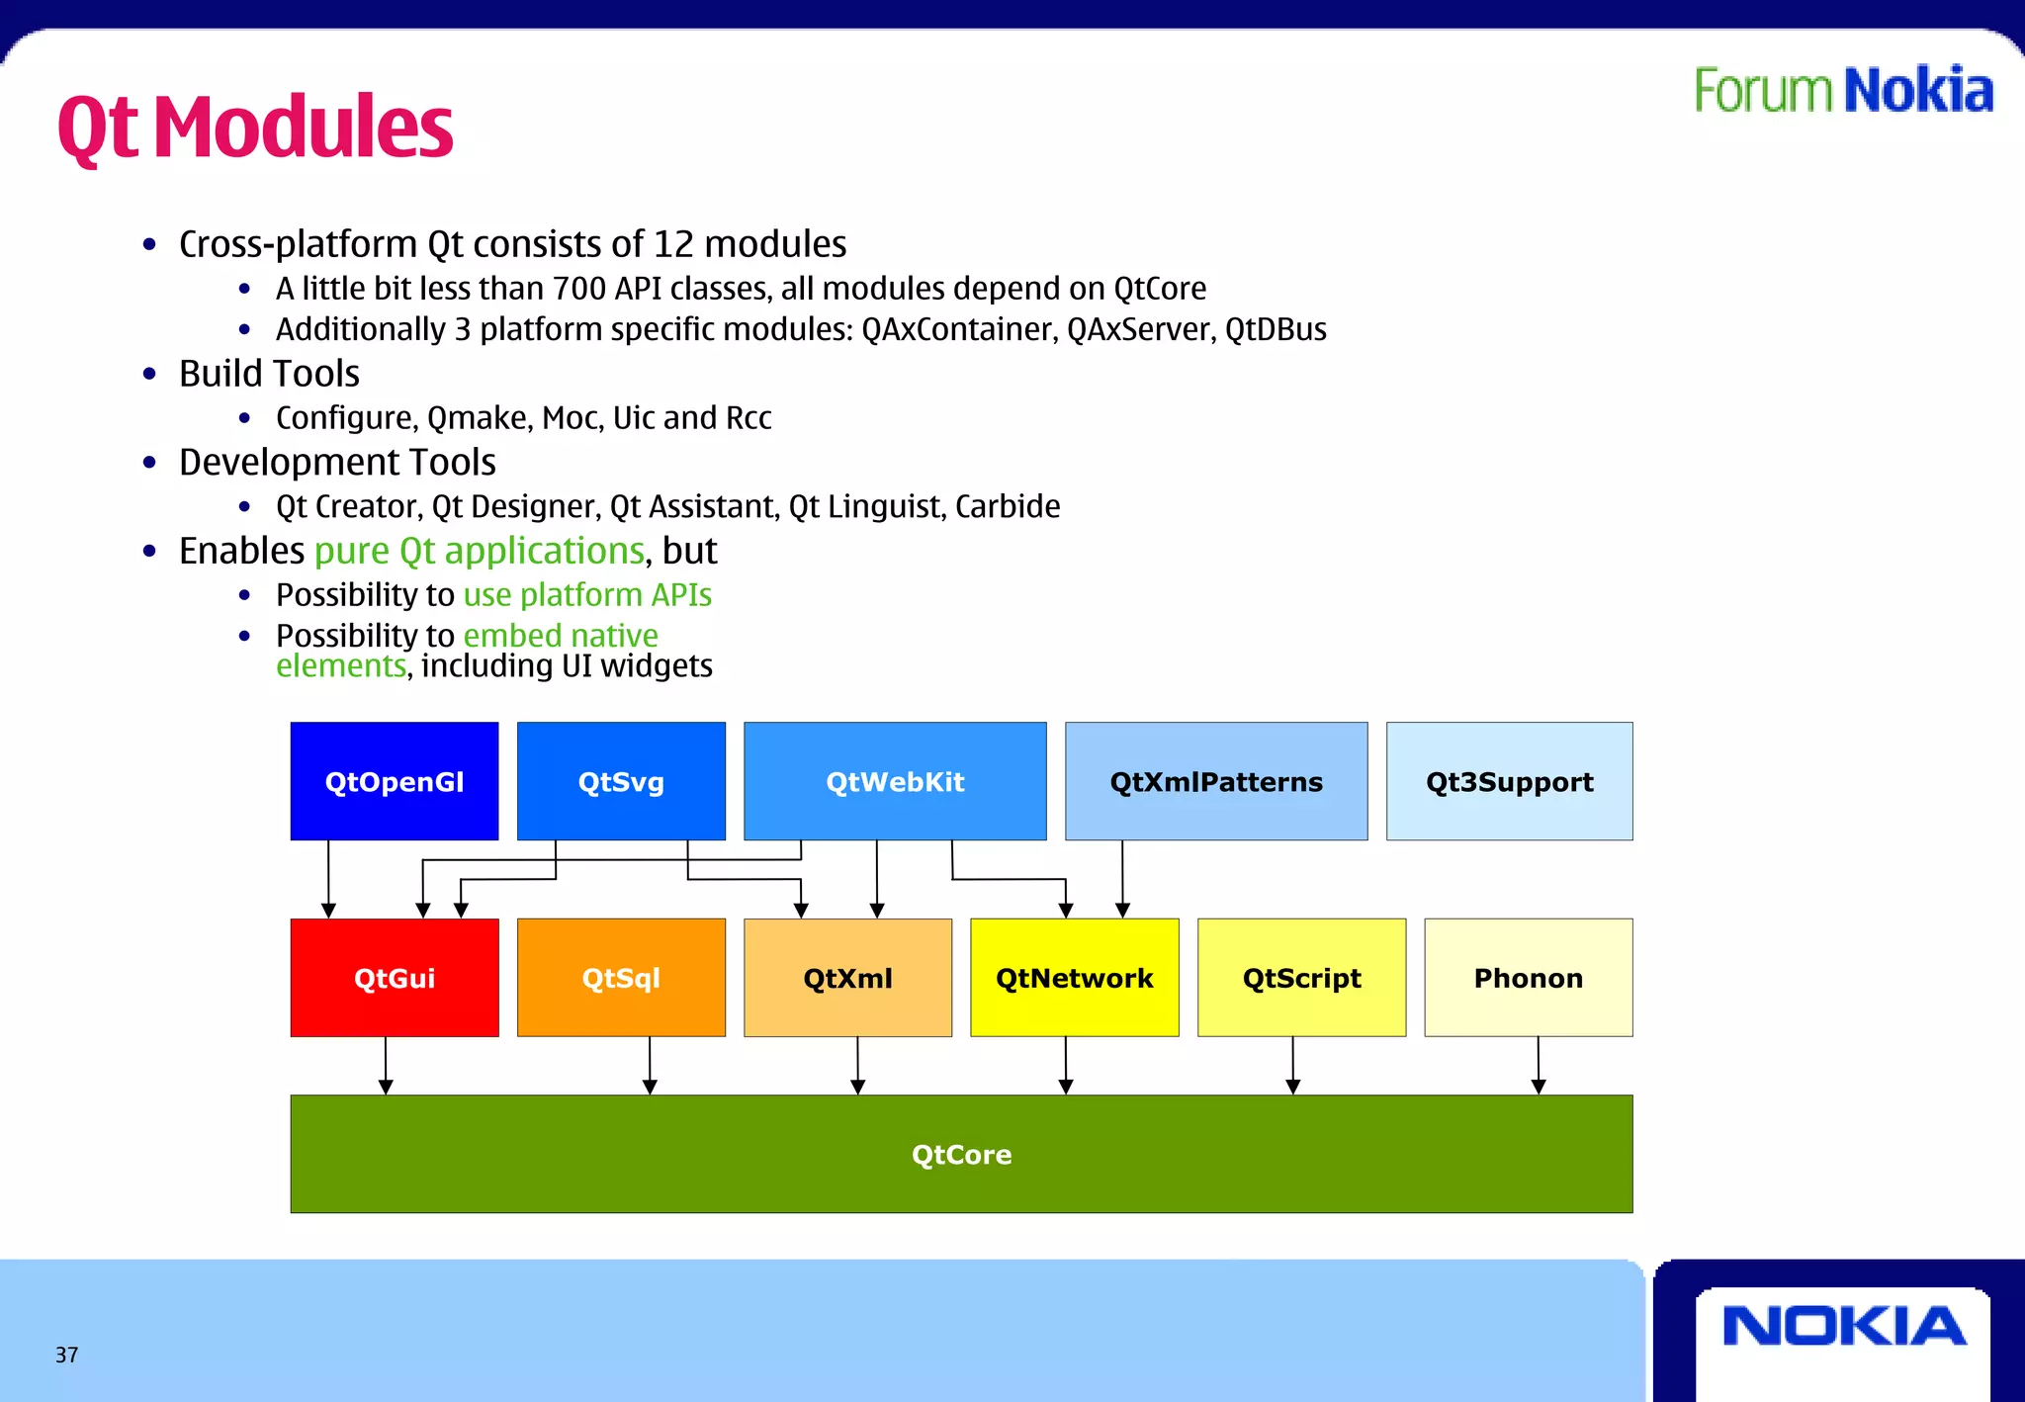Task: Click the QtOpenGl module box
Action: coord(394,781)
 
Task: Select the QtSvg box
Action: coord(621,781)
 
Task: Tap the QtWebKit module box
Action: coord(895,781)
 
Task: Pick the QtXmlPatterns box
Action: coord(1216,781)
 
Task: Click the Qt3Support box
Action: coord(1509,781)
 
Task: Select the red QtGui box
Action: coord(394,978)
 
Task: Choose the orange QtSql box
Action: coord(621,978)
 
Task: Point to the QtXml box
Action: coord(847,978)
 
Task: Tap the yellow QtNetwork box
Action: coord(1074,978)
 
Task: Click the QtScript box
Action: coord(1301,978)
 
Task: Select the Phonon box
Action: coord(1528,978)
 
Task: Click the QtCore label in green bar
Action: coord(961,1155)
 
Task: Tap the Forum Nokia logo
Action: coord(1843,91)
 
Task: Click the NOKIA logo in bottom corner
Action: coord(1843,1326)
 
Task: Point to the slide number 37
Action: coord(66,1355)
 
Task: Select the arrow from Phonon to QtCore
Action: coord(1539,1066)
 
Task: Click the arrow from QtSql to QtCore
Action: coord(650,1066)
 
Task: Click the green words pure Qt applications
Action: coord(480,551)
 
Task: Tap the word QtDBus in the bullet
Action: coord(1276,329)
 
